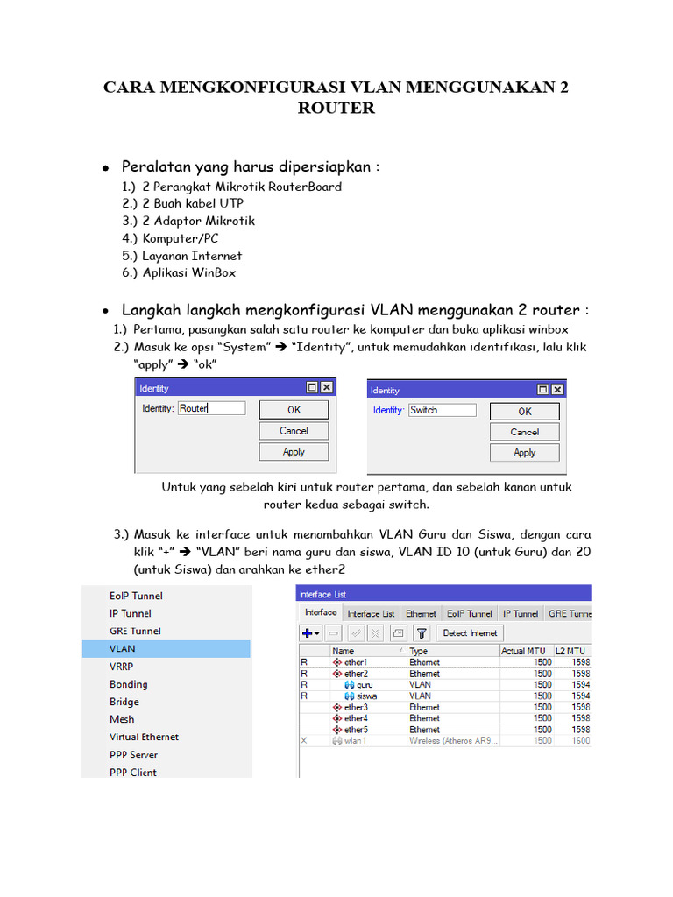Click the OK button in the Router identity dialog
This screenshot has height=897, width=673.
294,409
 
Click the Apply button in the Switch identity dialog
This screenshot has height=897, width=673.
524,452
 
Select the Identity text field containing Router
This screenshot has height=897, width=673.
211,408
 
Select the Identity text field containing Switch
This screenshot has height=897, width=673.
442,410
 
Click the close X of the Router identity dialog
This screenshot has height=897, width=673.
326,387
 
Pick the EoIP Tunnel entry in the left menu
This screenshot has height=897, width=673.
136,596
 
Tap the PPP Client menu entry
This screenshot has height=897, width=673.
133,773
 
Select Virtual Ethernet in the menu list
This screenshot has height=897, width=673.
144,737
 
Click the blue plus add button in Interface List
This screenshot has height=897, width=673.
307,632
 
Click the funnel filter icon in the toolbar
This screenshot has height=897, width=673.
422,632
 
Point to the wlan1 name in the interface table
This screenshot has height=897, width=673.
355,740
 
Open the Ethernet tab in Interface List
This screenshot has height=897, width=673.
422,614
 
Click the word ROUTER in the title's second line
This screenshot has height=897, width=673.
336,109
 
